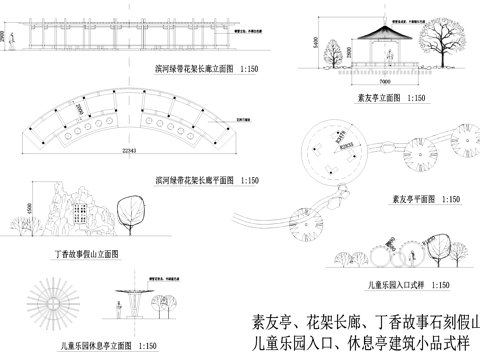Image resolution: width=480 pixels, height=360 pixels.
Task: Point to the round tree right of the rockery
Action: (128, 211)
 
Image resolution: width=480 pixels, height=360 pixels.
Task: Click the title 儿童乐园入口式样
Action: (398, 287)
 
